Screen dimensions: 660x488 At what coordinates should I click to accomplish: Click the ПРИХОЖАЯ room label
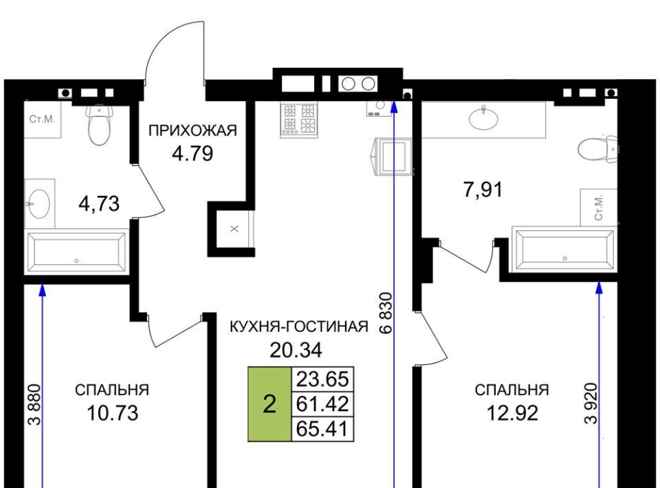click(x=192, y=131)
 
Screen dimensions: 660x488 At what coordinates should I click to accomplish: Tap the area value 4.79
click(x=192, y=153)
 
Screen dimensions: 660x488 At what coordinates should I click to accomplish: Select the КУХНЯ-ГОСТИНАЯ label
click(x=299, y=326)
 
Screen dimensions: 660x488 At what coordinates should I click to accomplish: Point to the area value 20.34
click(x=296, y=350)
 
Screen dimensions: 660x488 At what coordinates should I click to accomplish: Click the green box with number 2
click(x=269, y=404)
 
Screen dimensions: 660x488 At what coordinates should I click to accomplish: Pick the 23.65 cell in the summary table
click(x=323, y=379)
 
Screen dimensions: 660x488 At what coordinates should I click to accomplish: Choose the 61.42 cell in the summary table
click(x=323, y=404)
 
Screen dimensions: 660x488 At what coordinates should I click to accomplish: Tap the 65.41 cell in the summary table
click(x=323, y=429)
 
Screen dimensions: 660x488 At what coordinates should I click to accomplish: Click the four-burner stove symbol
click(x=299, y=120)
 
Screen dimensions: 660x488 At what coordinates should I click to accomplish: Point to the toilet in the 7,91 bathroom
click(x=597, y=148)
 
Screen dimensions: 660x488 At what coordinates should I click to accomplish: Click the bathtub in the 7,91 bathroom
click(x=564, y=249)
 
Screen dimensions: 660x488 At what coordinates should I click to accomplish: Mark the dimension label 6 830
click(x=386, y=313)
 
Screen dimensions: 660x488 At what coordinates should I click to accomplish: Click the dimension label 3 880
click(x=34, y=404)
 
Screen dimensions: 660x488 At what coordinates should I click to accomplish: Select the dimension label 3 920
click(x=591, y=403)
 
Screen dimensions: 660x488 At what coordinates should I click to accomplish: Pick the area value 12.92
click(x=512, y=414)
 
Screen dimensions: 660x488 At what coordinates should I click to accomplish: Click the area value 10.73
click(x=112, y=414)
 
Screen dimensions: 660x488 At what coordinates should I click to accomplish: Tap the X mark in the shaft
click(x=234, y=229)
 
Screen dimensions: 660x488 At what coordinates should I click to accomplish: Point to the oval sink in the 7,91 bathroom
click(x=483, y=118)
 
